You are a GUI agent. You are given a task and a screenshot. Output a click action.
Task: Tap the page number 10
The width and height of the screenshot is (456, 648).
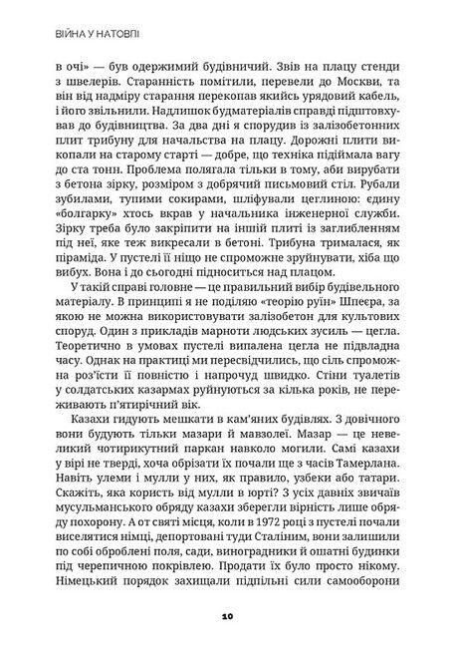click(x=228, y=618)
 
